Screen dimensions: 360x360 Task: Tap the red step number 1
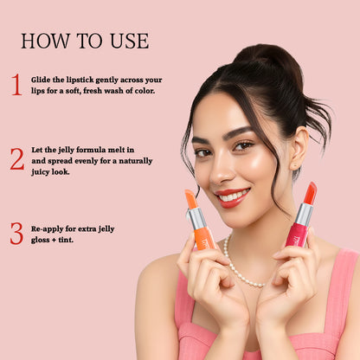click(x=16, y=85)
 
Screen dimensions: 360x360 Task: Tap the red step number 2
click(x=16, y=159)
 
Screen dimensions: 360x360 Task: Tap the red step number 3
click(x=16, y=234)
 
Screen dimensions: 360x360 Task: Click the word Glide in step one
click(x=41, y=79)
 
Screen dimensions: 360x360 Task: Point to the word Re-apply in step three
click(x=47, y=228)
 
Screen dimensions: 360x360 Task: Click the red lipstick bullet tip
click(x=310, y=193)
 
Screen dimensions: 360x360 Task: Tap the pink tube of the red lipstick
click(x=296, y=235)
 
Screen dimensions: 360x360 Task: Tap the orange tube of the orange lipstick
click(x=204, y=239)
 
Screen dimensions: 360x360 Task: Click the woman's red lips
click(x=232, y=196)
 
